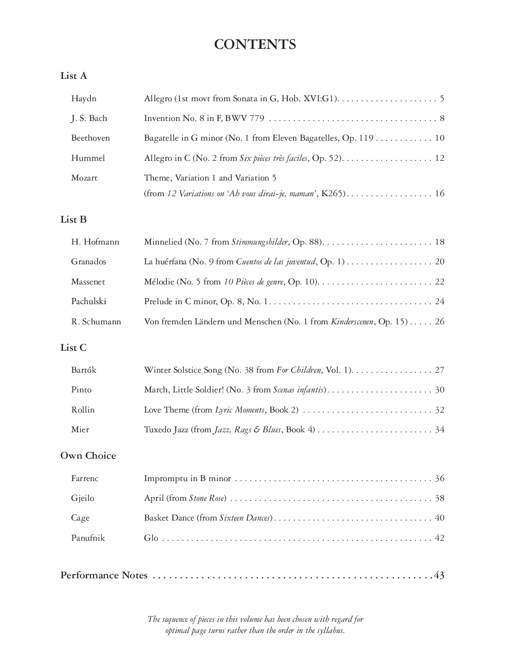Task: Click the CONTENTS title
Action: pos(255,44)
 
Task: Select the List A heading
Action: pos(74,76)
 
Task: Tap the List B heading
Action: pos(74,219)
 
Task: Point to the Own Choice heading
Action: pos(88,456)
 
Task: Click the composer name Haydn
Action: pos(84,99)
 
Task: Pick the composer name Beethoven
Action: pos(90,138)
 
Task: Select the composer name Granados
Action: pos(89,262)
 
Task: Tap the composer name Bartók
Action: pos(84,370)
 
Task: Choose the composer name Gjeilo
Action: pos(83,498)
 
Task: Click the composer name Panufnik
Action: pos(88,538)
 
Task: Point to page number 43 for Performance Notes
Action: pos(439,575)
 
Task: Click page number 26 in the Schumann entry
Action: pos(440,322)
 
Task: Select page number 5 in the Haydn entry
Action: pos(442,99)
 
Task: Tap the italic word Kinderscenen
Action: pos(352,322)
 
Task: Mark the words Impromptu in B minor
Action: pos(187,478)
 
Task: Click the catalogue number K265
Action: pos(334,194)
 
